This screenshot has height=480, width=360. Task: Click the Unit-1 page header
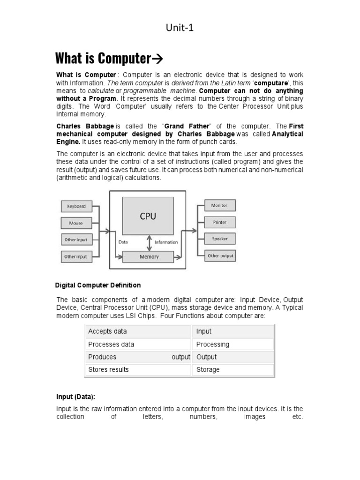(180, 28)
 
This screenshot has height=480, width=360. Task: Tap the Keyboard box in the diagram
(76, 206)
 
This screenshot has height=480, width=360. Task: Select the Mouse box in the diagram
(76, 223)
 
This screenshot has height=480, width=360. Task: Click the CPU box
(148, 216)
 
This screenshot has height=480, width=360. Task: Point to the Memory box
(149, 257)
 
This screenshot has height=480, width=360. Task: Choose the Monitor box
(219, 205)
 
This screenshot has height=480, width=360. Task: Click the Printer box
(219, 222)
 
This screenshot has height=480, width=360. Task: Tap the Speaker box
(219, 239)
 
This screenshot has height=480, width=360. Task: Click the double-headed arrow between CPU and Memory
(149, 242)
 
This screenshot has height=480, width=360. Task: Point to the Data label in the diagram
(123, 242)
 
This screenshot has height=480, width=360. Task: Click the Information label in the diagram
(166, 242)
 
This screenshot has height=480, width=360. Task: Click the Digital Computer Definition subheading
(98, 285)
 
